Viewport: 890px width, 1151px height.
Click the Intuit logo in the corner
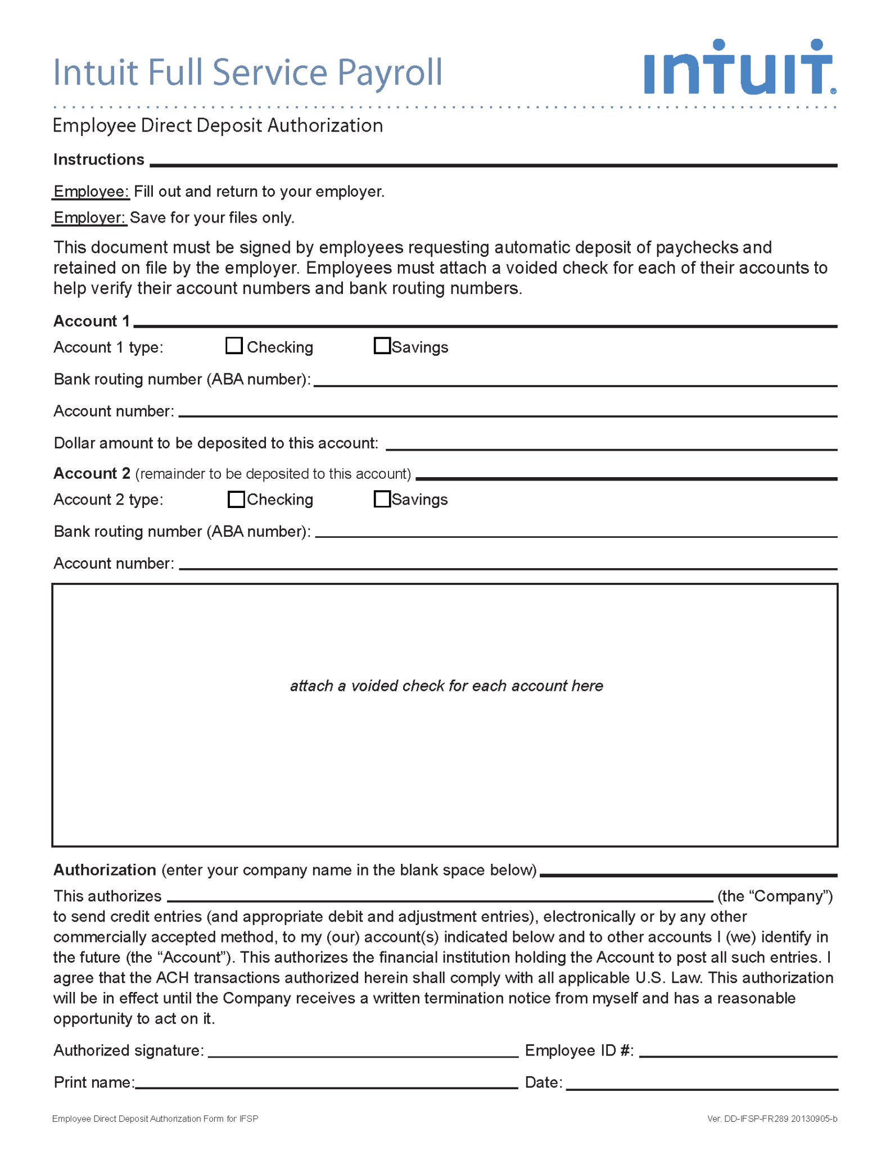pos(739,67)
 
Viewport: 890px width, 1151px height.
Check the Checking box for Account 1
pos(234,346)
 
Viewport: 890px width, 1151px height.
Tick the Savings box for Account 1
pos(382,346)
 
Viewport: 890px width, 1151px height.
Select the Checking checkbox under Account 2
pos(236,499)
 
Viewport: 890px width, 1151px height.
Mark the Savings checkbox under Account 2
pos(382,499)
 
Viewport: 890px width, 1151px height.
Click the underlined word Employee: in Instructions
pos(92,192)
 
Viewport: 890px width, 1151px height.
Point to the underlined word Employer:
pos(89,217)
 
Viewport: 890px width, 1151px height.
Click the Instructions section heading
pos(99,160)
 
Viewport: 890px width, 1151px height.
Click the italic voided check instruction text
pos(446,686)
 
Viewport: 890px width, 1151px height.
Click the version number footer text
pos(772,1119)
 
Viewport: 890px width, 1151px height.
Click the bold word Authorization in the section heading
pos(105,870)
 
